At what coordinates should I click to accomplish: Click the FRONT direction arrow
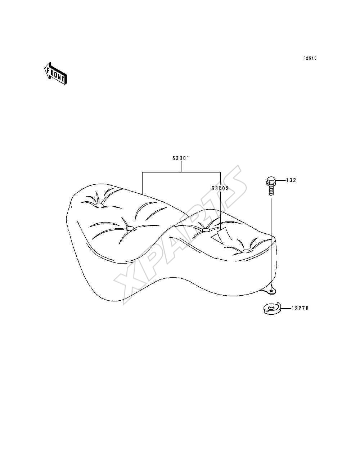coord(55,73)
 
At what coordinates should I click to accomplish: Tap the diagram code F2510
coord(310,58)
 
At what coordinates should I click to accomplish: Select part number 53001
coord(181,158)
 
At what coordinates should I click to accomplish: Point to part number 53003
coord(220,188)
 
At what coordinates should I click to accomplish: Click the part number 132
coord(291,180)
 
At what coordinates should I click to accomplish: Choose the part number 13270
coord(300,308)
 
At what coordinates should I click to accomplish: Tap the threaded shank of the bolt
coord(271,190)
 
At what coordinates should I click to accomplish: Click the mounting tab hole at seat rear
coord(271,291)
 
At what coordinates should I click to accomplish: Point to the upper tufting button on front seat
coord(99,206)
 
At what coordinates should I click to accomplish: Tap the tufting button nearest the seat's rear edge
coord(246,251)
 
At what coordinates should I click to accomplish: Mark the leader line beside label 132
coord(281,180)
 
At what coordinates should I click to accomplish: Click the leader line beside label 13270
coord(286,309)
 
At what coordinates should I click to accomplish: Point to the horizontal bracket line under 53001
coord(181,172)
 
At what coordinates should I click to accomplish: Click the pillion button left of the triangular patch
coord(206,230)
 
